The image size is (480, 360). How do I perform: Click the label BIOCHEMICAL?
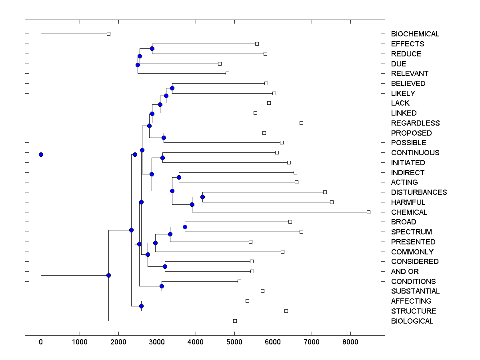pyautogui.click(x=415, y=34)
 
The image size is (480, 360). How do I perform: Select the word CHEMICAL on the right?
pyautogui.click(x=409, y=212)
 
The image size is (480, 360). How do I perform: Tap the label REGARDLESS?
pyautogui.click(x=415, y=123)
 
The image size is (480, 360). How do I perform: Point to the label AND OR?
pyautogui.click(x=405, y=271)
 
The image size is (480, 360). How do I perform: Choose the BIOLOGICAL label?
pyautogui.click(x=412, y=321)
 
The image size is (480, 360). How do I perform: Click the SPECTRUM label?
pyautogui.click(x=411, y=232)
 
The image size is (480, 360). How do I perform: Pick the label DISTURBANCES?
pyautogui.click(x=419, y=192)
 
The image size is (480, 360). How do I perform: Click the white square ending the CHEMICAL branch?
pyautogui.click(x=368, y=212)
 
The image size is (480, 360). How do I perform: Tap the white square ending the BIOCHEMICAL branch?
pyautogui.click(x=108, y=34)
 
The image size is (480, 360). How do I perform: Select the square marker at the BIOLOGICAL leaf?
pyautogui.click(x=235, y=321)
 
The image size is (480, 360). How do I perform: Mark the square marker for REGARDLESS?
pyautogui.click(x=301, y=123)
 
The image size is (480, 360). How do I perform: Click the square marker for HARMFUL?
pyautogui.click(x=332, y=202)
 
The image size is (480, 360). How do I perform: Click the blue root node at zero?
pyautogui.click(x=41, y=154)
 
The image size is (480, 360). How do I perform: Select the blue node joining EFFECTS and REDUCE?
pyautogui.click(x=152, y=48)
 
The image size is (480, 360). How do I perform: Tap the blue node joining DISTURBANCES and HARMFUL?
pyautogui.click(x=202, y=197)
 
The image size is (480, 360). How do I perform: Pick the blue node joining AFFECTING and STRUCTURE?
pyautogui.click(x=141, y=306)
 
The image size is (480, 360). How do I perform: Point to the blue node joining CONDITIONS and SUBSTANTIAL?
pyautogui.click(x=162, y=286)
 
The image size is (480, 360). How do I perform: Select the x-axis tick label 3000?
pyautogui.click(x=157, y=342)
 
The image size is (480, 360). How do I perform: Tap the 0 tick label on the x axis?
pyautogui.click(x=41, y=342)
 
